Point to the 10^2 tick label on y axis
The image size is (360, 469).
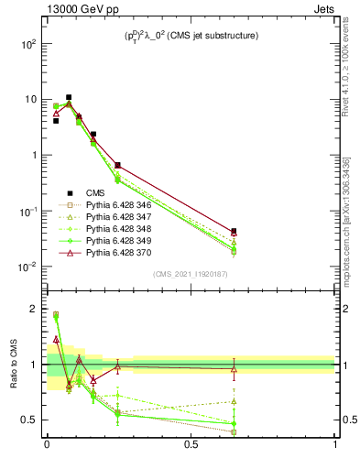tap(30, 44)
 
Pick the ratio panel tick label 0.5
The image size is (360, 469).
tap(30, 420)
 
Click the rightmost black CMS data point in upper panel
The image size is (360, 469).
tap(234, 232)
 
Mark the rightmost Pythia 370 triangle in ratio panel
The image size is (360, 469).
tap(234, 369)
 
